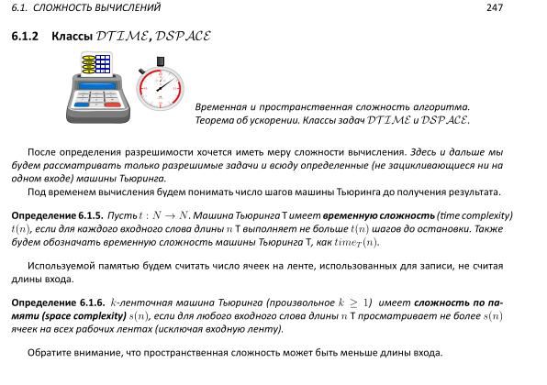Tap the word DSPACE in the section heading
point(184,37)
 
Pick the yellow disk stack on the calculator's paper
point(89,63)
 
